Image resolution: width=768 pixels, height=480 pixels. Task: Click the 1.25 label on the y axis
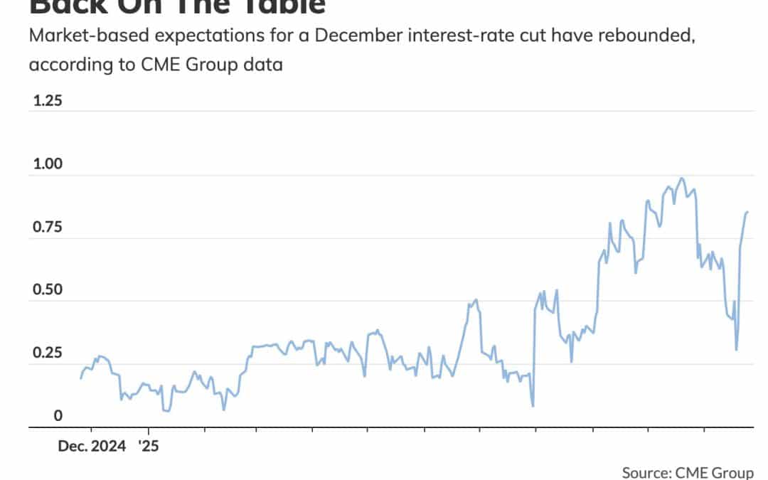point(48,100)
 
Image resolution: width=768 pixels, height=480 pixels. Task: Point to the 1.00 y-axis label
point(48,164)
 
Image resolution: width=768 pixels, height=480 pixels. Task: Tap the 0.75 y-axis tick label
point(48,228)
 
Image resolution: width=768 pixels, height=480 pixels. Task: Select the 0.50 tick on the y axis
point(48,290)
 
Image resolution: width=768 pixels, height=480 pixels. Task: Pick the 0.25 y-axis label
point(48,353)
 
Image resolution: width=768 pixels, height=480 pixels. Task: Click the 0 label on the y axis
point(38,416)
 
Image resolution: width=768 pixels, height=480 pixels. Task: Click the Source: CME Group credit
point(687,472)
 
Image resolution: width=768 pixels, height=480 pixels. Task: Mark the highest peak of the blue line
point(682,178)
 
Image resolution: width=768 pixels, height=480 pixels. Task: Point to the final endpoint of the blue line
point(747,212)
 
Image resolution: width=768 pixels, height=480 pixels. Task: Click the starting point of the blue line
point(80,378)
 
